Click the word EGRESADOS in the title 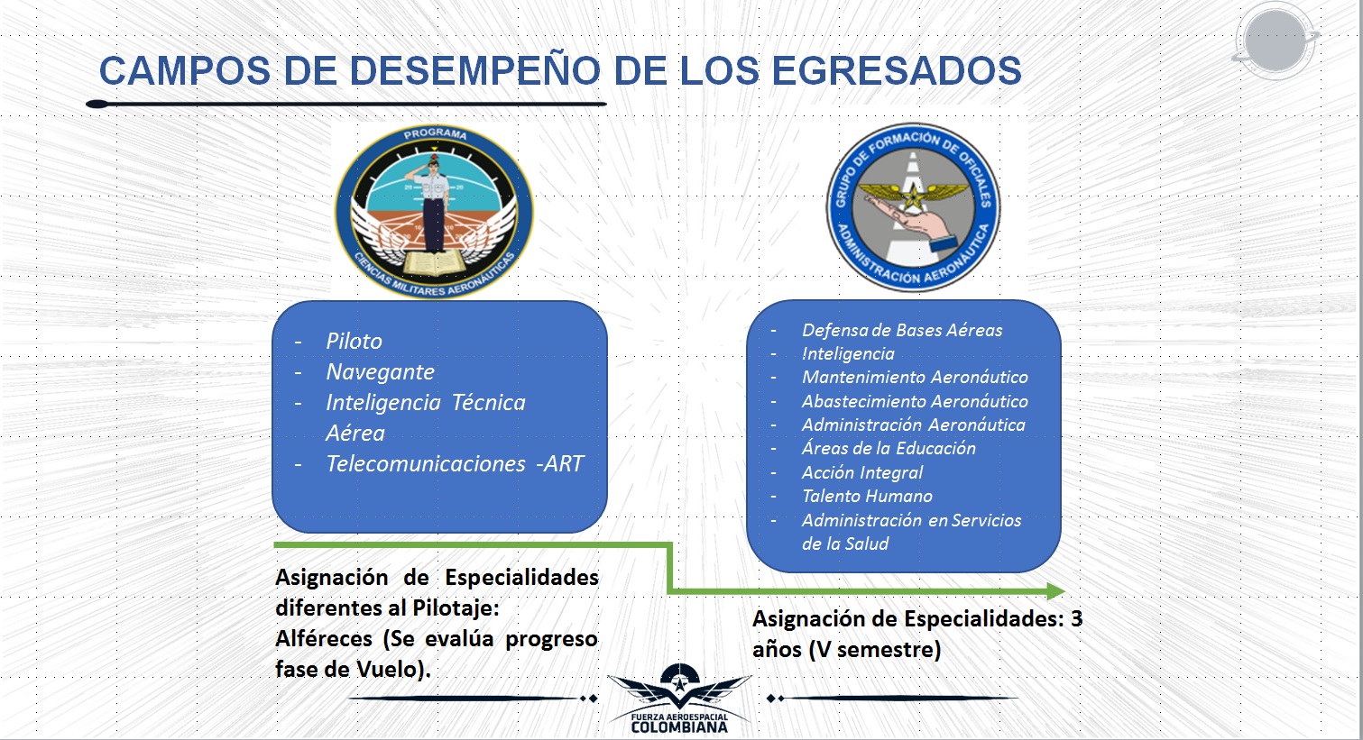[x=897, y=71]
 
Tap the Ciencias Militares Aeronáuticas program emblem [x=434, y=212]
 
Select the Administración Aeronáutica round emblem [x=913, y=207]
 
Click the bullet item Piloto [x=355, y=341]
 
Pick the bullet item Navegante [x=381, y=372]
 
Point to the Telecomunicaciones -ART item [x=455, y=464]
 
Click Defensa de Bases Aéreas [x=902, y=330]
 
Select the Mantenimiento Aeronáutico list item [x=915, y=377]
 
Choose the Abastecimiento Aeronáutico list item [x=915, y=401]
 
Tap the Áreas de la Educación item [x=889, y=448]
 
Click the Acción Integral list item [x=862, y=472]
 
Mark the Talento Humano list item [x=867, y=496]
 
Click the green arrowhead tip [x=1064, y=591]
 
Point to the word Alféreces [x=324, y=639]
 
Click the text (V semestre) [x=875, y=650]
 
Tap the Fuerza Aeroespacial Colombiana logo [x=679, y=699]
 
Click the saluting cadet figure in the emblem [x=433, y=204]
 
